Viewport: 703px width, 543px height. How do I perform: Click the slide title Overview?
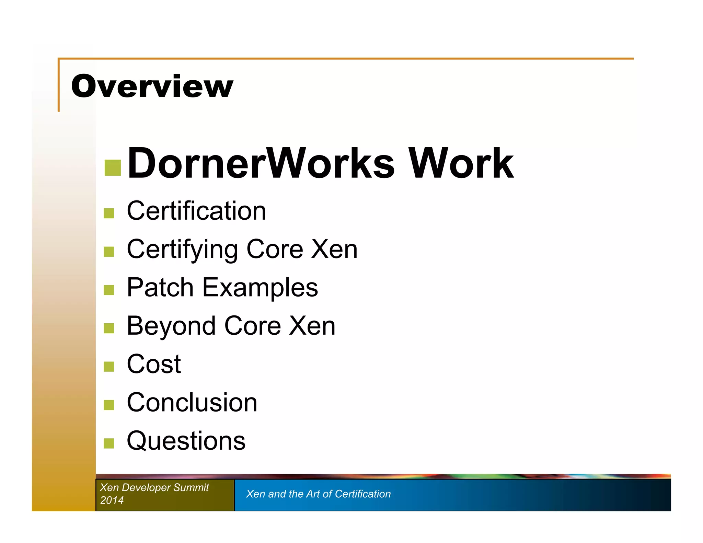click(x=152, y=86)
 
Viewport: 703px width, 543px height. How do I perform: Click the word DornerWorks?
click(x=261, y=163)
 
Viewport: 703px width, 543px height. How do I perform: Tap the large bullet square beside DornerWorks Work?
click(x=113, y=168)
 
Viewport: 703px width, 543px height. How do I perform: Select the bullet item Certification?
click(x=196, y=211)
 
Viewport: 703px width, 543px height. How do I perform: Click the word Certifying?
click(x=182, y=250)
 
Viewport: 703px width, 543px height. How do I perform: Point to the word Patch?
click(x=160, y=288)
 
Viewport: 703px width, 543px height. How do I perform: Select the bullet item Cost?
click(x=154, y=364)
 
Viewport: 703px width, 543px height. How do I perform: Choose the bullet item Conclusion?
click(x=192, y=403)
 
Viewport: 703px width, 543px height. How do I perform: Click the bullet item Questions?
click(x=186, y=441)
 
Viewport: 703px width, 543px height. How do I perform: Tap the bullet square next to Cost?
click(x=109, y=367)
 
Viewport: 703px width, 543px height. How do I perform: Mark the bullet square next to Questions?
click(x=109, y=443)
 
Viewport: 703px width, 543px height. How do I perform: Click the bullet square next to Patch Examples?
click(x=109, y=290)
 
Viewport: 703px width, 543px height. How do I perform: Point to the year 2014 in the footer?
click(x=112, y=500)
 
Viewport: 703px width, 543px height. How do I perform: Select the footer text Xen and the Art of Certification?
click(x=318, y=494)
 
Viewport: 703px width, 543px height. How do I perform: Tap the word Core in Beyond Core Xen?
click(x=253, y=326)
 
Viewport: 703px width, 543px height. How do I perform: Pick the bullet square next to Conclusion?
click(x=109, y=405)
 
